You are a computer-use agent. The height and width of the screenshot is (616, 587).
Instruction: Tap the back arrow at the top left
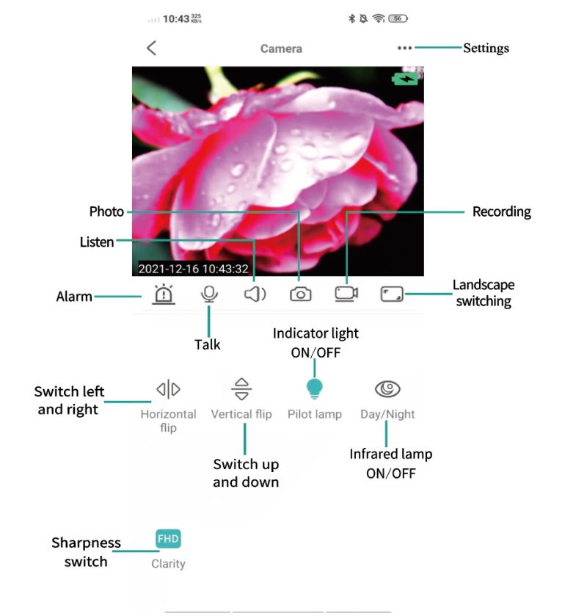tap(151, 48)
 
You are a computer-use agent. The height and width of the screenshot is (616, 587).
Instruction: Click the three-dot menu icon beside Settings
tap(404, 48)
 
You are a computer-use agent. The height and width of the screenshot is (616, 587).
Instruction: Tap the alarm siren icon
tap(164, 294)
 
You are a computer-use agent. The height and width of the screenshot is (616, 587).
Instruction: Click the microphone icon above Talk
tap(209, 294)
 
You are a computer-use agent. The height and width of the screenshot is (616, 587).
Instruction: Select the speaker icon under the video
tap(255, 294)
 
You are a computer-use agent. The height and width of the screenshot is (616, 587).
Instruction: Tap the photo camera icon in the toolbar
tap(300, 294)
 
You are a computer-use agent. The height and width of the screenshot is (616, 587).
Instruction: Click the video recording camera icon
tap(346, 294)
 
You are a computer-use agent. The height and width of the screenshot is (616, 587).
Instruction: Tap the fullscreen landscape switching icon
tap(393, 294)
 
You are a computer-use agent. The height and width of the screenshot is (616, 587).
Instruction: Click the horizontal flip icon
tap(168, 388)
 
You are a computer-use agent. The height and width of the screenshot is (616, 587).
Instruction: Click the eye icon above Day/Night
tap(387, 388)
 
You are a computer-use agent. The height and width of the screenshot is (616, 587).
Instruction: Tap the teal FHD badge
tap(168, 540)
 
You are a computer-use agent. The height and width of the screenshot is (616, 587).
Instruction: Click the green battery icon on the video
tap(406, 79)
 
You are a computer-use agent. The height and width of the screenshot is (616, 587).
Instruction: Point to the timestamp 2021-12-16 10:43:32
tap(193, 269)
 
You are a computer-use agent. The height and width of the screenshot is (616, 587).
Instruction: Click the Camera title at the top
tap(281, 48)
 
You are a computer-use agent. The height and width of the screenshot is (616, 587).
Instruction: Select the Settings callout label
tap(486, 48)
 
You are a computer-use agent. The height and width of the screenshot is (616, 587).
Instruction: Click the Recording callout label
tap(501, 211)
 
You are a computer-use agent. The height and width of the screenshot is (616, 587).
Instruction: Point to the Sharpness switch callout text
tap(86, 552)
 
